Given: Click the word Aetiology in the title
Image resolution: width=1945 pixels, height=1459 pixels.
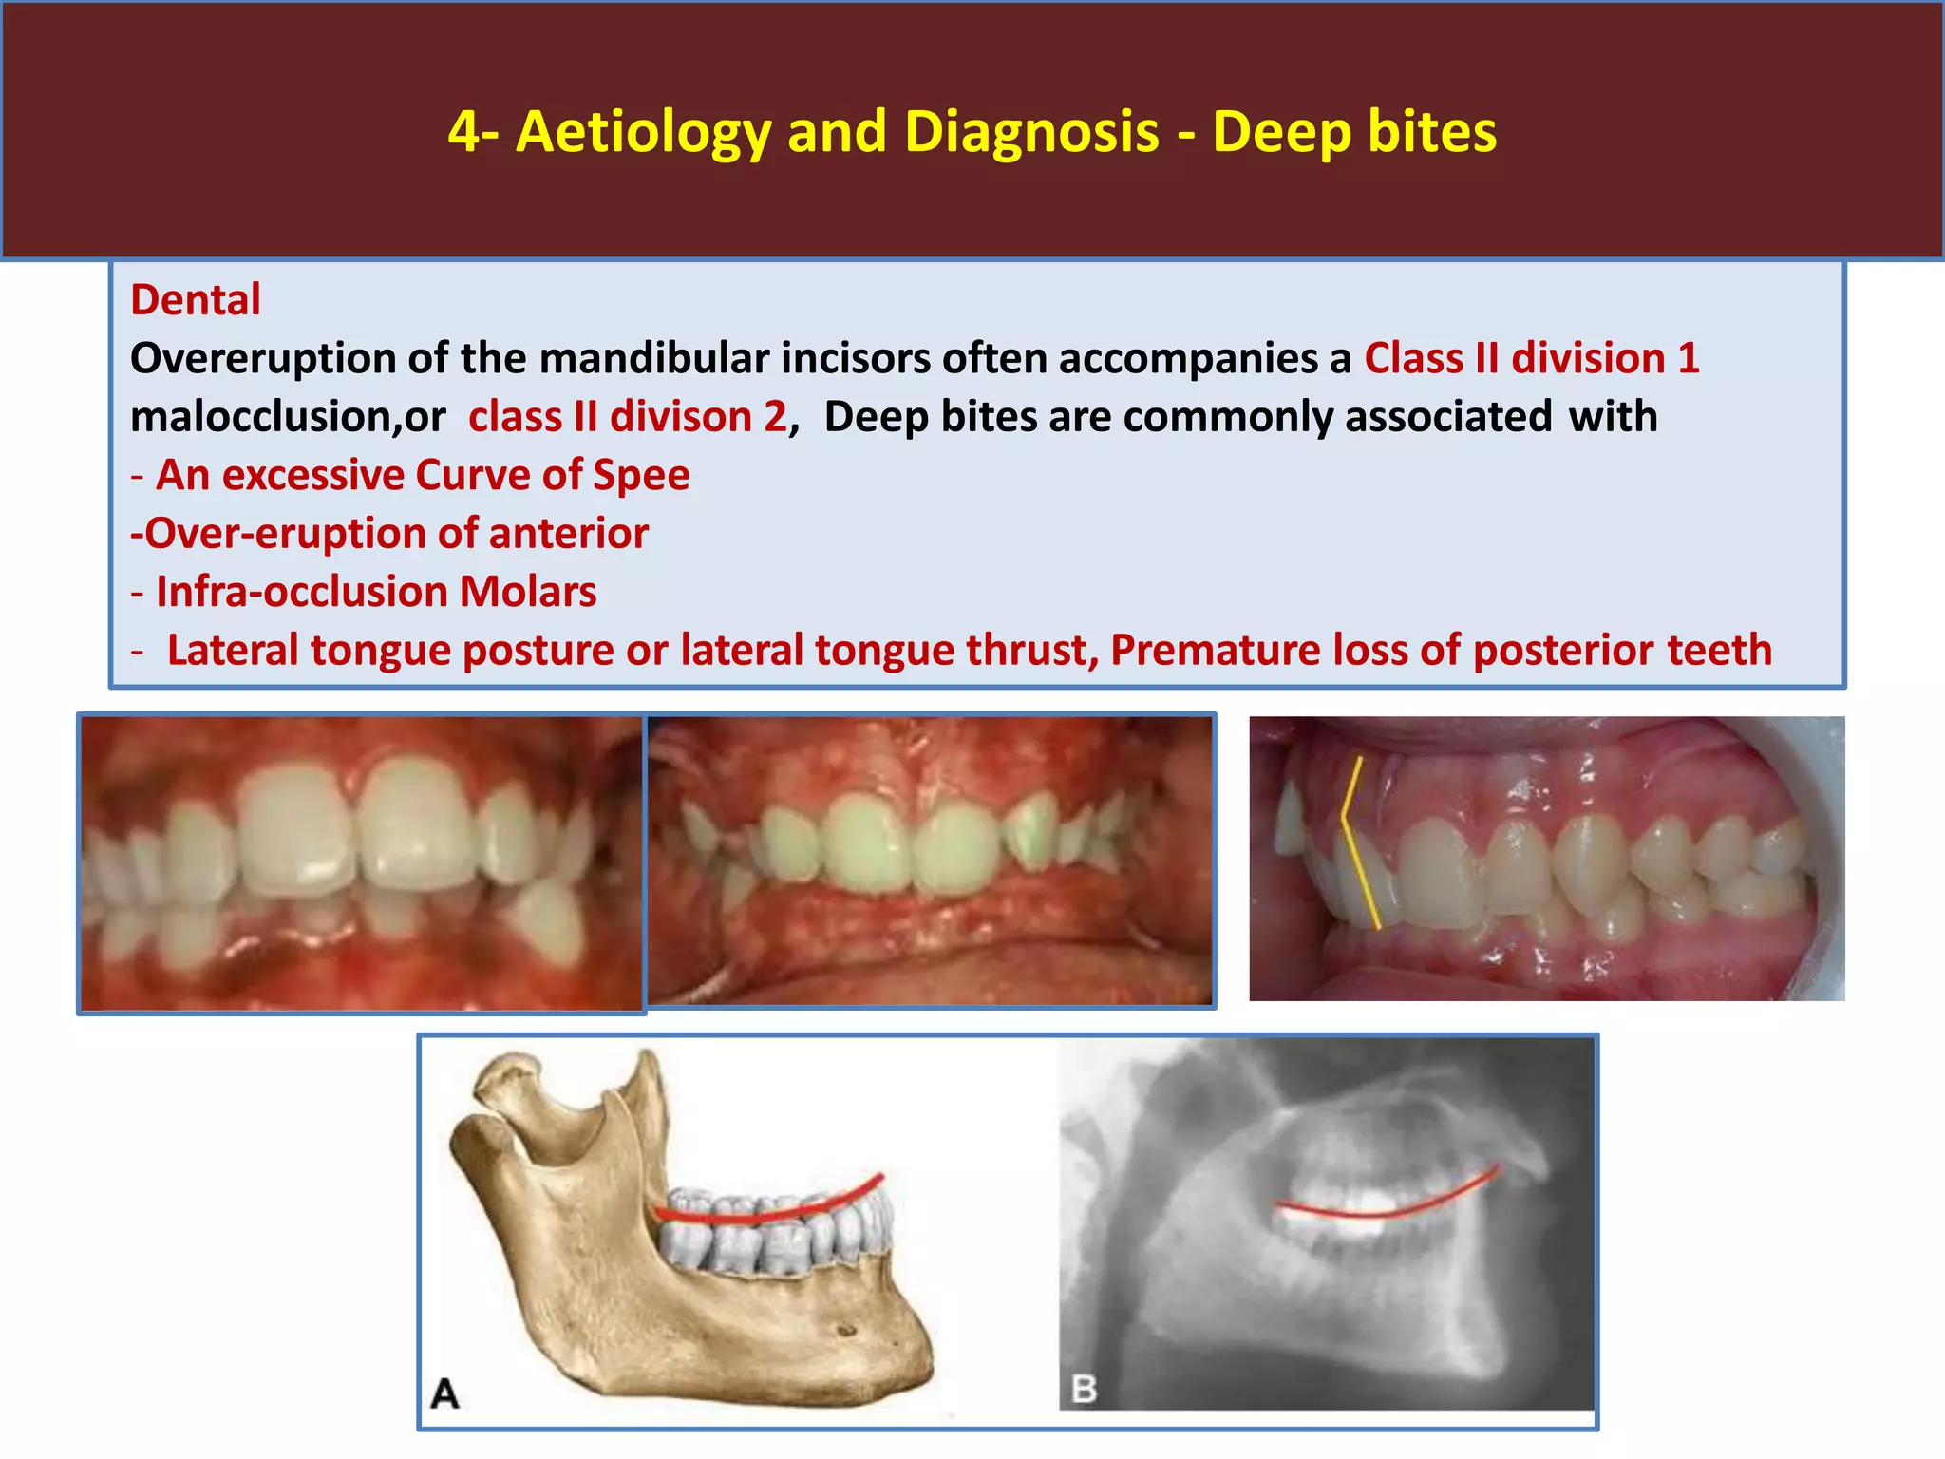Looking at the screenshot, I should coord(643,131).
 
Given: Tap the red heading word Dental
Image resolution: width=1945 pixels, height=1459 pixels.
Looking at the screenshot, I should coord(195,300).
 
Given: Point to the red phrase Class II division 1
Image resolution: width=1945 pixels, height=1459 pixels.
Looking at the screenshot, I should coord(1531,359).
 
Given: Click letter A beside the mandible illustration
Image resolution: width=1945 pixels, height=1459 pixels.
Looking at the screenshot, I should coord(444,1394).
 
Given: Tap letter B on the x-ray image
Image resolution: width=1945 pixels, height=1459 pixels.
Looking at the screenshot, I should coord(1084,1389).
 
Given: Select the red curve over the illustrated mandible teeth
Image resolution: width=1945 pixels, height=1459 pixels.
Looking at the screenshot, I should coord(769,1210).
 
